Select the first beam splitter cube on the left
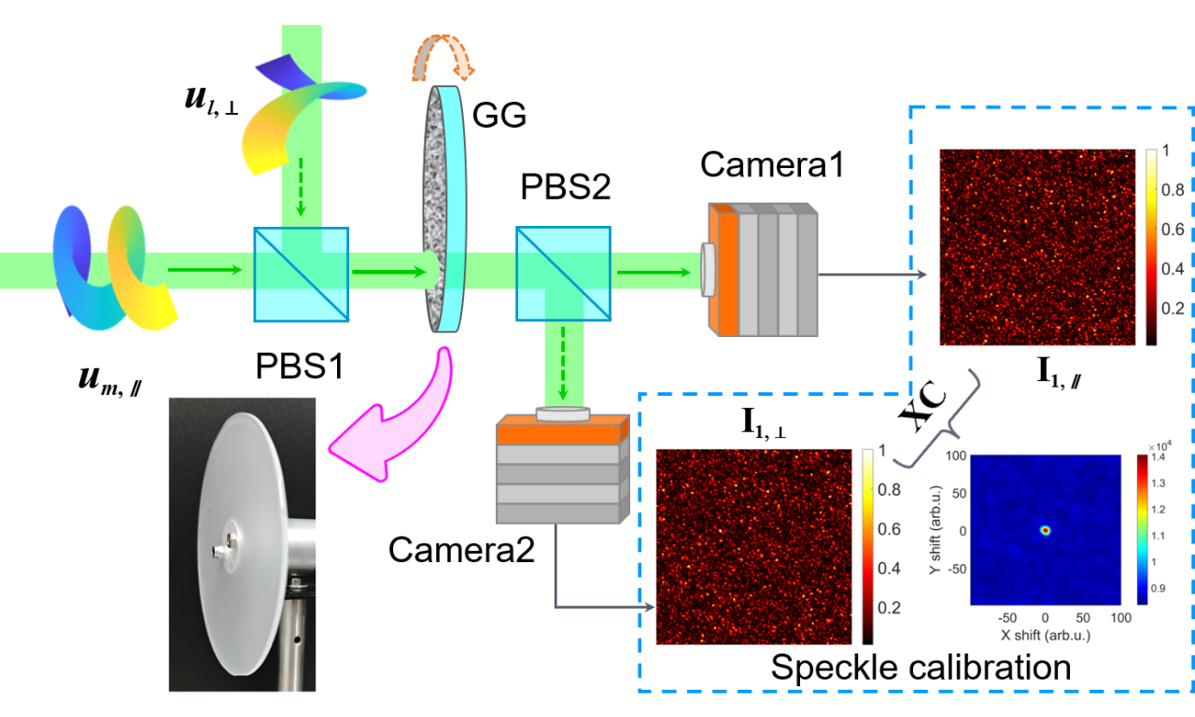coord(302,274)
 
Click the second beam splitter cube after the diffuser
coord(563,274)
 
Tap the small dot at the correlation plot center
coord(1046,530)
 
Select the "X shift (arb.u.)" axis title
coord(1046,635)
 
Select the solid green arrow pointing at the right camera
coord(654,272)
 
